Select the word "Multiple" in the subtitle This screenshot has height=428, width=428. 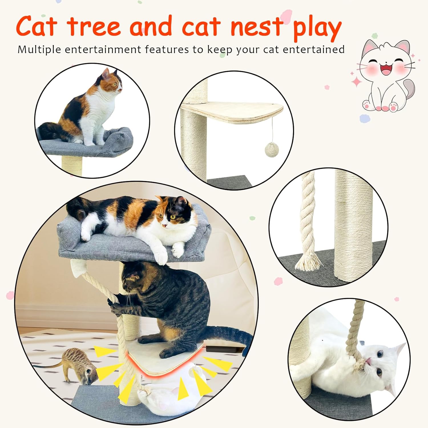[39, 50]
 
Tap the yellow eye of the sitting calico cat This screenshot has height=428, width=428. [114, 84]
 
